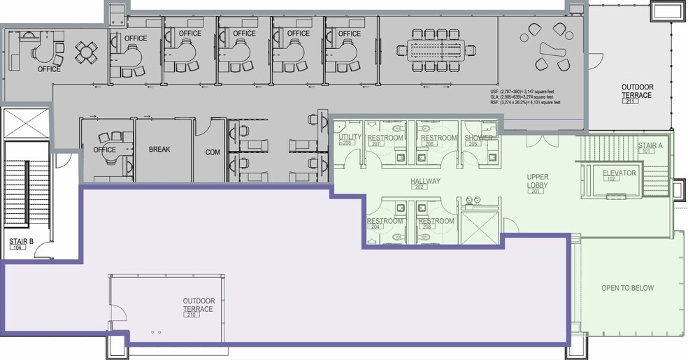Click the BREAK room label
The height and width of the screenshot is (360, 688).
click(159, 150)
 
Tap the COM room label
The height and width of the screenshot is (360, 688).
click(213, 152)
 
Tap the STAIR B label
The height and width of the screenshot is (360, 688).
click(18, 244)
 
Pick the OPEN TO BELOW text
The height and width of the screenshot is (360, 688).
click(628, 288)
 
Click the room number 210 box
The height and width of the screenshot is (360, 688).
click(192, 315)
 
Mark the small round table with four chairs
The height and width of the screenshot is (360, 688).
click(87, 50)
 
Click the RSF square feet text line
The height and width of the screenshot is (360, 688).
click(526, 103)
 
